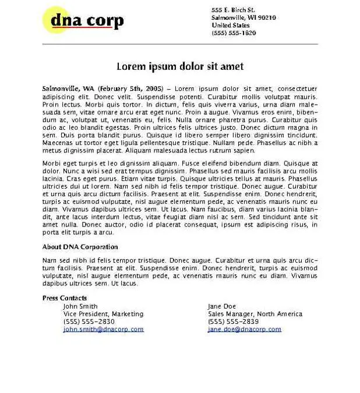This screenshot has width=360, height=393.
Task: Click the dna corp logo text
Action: point(87,21)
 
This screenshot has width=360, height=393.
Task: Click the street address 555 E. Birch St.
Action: point(233,10)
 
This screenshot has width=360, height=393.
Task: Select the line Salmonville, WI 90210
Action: point(243,17)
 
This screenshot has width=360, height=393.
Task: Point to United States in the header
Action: point(230,25)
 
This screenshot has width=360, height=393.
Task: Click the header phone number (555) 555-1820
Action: point(234,33)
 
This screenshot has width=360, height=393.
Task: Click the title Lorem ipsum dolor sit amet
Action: point(180,66)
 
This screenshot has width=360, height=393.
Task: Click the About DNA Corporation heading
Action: point(80,247)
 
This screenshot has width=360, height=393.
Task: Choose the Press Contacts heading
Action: point(65,298)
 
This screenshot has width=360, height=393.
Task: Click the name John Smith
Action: point(80,306)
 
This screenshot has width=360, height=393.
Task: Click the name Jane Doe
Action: point(222,306)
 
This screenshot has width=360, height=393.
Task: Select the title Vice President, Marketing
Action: point(103,314)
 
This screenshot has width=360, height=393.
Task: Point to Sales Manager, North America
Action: point(255,314)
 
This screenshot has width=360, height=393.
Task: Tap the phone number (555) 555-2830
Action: point(89,321)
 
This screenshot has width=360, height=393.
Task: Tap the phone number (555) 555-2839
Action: point(233,321)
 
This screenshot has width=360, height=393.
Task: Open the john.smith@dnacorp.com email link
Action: point(103,329)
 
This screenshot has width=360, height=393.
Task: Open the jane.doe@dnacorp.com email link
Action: point(244,329)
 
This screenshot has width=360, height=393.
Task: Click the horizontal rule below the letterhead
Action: point(180,44)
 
